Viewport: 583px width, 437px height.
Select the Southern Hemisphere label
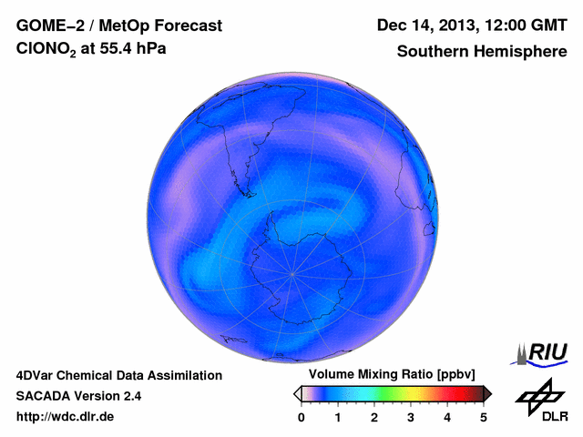coord(480,52)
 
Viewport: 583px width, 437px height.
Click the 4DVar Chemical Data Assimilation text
coord(119,375)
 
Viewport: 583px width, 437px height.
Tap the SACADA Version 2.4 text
coord(78,396)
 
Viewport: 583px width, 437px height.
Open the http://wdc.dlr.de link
coord(66,417)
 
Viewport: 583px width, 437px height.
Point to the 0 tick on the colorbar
coord(302,417)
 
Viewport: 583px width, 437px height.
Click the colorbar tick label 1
coord(338,417)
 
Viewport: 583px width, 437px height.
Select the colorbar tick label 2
coord(374,417)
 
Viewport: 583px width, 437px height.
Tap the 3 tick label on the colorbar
coord(411,417)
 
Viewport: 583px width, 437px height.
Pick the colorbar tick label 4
coord(447,417)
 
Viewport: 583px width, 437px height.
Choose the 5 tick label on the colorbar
coord(484,417)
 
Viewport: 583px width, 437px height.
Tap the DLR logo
coord(541,401)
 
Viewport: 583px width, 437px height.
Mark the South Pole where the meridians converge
coord(292,271)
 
